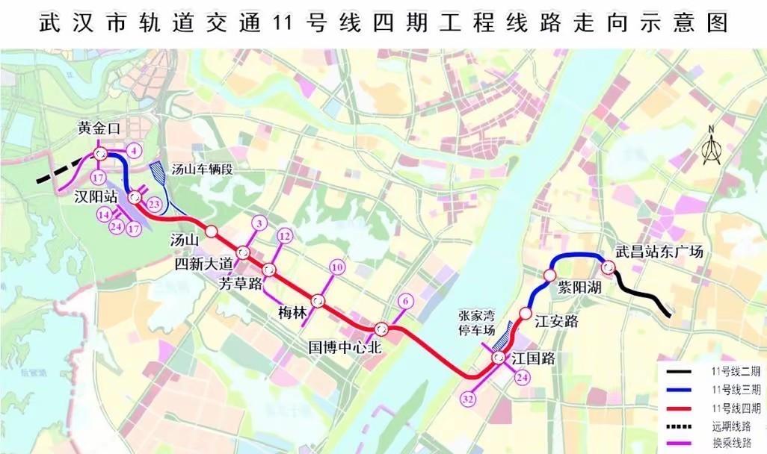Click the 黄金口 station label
[x=99, y=128]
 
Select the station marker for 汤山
[x=212, y=231]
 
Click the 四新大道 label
[x=204, y=264]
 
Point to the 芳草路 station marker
[x=269, y=269]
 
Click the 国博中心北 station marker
[x=381, y=328]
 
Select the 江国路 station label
[x=534, y=358]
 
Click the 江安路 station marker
[x=526, y=313]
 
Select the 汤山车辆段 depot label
[x=202, y=170]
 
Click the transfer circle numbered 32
[x=469, y=399]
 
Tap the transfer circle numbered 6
[x=405, y=301]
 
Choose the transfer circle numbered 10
[x=337, y=267]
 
